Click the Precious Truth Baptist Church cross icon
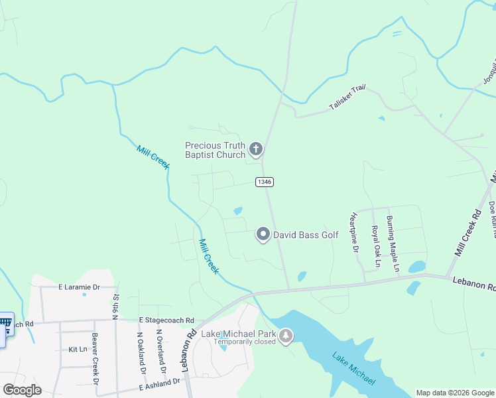tap(256, 149)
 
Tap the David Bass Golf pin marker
tap(263, 234)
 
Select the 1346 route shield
tap(264, 182)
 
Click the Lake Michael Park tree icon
tap(286, 337)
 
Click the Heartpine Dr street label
tap(354, 233)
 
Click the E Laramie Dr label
tap(78, 287)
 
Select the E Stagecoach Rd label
tap(166, 320)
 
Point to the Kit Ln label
tap(78, 349)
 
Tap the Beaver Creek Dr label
tap(95, 359)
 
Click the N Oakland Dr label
tap(141, 352)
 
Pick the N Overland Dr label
tap(159, 350)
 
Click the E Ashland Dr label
tap(159, 382)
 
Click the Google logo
tap(22, 390)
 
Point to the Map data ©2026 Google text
tap(455, 393)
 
